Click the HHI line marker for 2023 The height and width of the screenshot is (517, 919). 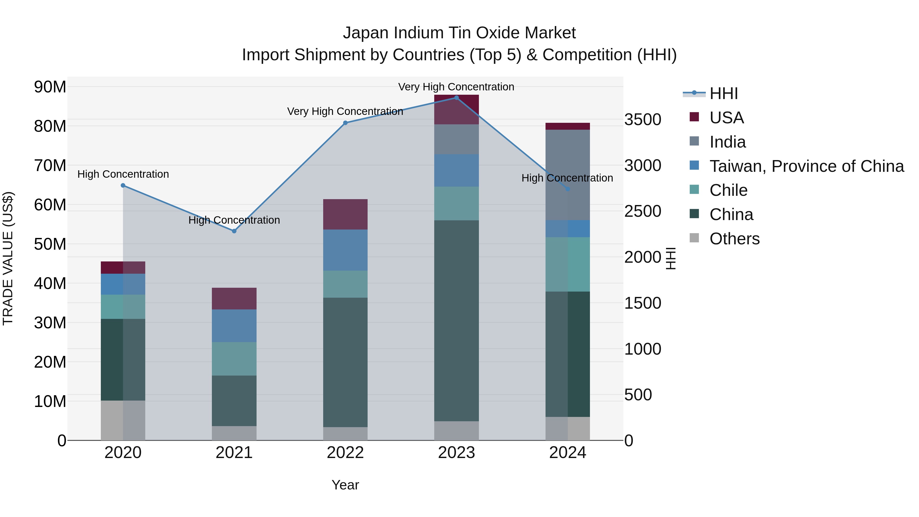click(456, 98)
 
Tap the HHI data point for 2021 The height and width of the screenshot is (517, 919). click(234, 231)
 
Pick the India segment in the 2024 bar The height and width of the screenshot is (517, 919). click(567, 175)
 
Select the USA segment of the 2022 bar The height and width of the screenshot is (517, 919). click(345, 214)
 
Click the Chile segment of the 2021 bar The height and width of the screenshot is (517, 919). click(234, 359)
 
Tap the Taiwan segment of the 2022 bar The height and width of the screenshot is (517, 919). click(345, 250)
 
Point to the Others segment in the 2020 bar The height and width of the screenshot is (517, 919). click(123, 420)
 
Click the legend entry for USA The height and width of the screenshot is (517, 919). click(726, 118)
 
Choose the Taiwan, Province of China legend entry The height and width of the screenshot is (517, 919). click(806, 166)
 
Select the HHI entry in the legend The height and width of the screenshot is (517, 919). click(723, 93)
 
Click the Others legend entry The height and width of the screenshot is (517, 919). click(734, 239)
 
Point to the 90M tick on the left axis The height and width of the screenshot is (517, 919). click(50, 87)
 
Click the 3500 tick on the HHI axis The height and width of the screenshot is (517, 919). click(643, 119)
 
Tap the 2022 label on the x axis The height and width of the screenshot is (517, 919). click(345, 453)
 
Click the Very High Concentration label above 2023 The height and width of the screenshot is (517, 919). click(456, 87)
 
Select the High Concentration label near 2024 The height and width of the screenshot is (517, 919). click(567, 178)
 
